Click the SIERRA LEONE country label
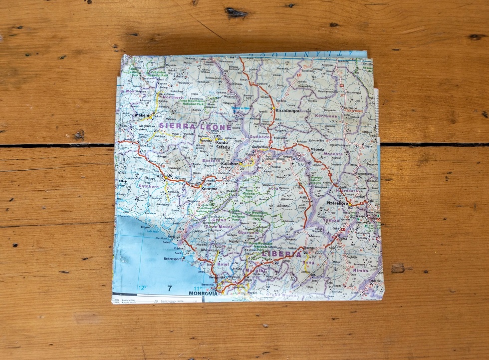(x=195, y=127)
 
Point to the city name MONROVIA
(x=203, y=294)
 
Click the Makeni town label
(x=142, y=116)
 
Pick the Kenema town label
(x=209, y=189)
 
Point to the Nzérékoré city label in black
(x=340, y=203)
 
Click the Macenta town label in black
(x=317, y=150)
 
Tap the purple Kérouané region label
(x=327, y=116)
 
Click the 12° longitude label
(x=142, y=288)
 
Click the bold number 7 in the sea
(x=170, y=288)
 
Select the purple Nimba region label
(x=360, y=270)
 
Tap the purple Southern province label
(x=148, y=187)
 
